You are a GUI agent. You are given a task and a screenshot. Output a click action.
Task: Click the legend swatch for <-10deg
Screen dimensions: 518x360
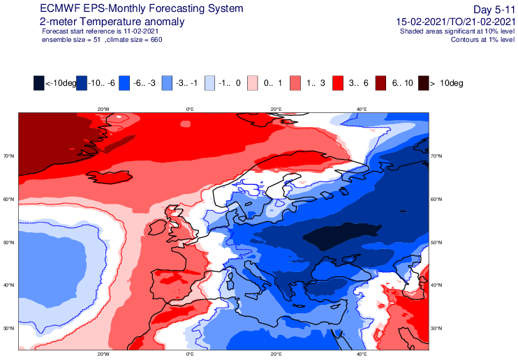(38, 83)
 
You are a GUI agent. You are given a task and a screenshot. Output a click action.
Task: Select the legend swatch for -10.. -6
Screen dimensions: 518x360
(82, 83)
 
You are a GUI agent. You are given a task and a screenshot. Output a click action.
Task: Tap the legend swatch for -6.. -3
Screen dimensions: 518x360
(124, 83)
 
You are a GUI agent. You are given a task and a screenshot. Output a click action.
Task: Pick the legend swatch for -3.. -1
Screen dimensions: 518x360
(167, 83)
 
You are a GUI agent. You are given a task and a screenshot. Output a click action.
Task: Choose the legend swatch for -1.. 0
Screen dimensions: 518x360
(209, 83)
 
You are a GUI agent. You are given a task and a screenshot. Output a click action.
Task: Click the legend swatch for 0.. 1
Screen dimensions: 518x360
(253, 83)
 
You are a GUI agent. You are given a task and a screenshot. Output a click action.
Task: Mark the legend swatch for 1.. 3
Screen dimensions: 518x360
(295, 83)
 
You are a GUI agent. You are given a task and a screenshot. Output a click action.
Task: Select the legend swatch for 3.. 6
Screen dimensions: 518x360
(338, 83)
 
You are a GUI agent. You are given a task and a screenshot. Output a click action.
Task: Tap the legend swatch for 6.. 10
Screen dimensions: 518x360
(381, 83)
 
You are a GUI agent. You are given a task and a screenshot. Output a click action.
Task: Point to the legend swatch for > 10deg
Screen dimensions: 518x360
(424, 83)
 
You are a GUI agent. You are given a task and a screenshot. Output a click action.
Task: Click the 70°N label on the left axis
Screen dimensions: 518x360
(9, 156)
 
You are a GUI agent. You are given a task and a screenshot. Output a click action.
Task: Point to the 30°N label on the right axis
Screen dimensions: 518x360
(436, 329)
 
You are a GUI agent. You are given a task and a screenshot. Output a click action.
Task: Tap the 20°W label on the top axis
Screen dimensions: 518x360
(103, 110)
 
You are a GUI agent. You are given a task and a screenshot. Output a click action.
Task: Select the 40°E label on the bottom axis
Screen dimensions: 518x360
(362, 354)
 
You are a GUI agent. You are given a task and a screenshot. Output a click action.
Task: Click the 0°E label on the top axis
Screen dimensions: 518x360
(190, 110)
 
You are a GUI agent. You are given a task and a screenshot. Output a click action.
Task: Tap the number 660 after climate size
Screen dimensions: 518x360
(156, 40)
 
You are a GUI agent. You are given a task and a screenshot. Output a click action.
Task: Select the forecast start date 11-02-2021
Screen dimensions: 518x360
(139, 31)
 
